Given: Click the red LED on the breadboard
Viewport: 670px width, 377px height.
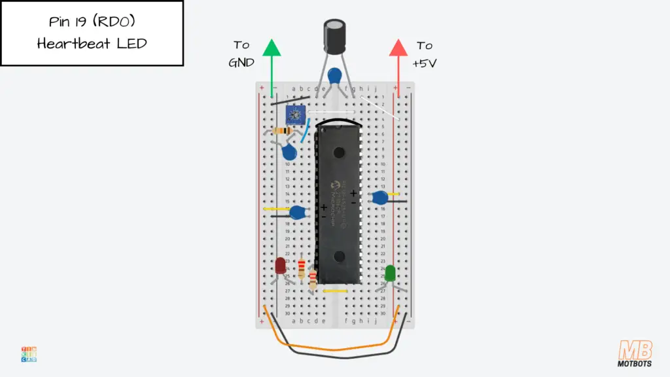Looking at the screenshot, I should tap(280, 265).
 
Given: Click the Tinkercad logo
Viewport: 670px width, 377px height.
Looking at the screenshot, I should tap(29, 354).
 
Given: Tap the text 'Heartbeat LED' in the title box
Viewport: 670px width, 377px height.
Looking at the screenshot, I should tap(92, 44).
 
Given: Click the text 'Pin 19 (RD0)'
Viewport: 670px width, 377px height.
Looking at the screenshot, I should tap(92, 22).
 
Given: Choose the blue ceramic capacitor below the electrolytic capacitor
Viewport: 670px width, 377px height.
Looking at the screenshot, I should tap(336, 75).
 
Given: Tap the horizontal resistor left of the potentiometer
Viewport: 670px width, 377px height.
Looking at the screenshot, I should tap(283, 130).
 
